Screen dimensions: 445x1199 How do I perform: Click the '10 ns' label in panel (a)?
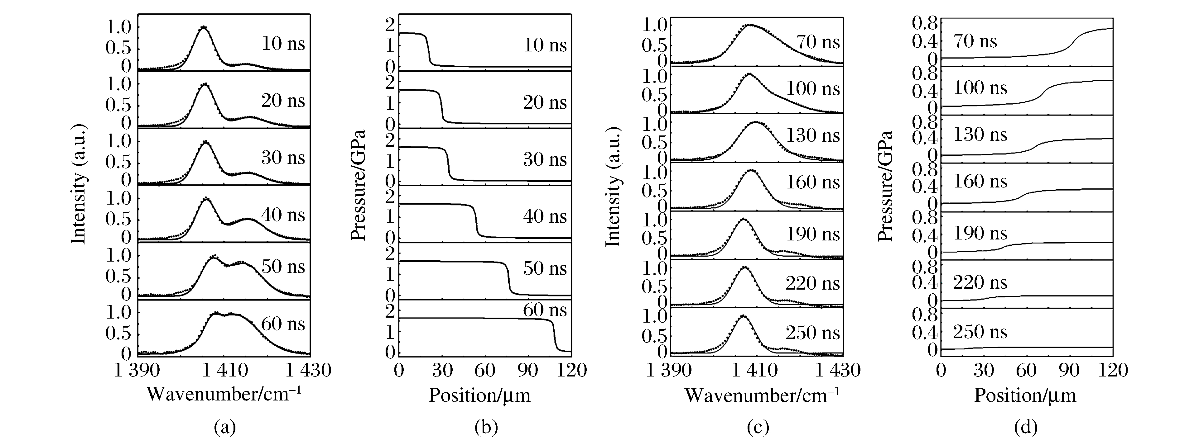[x=283, y=44]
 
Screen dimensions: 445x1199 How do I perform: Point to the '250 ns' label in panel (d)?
[x=980, y=332]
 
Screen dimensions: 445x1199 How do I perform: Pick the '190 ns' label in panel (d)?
[x=980, y=233]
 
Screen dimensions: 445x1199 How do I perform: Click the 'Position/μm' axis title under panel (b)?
[x=479, y=395]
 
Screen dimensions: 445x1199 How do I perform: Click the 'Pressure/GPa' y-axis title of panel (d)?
[x=885, y=186]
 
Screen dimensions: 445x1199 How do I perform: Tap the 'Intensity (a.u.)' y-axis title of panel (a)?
[x=79, y=184]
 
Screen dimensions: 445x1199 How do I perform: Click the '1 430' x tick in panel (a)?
[x=308, y=371]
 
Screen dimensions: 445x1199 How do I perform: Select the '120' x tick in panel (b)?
[x=571, y=371]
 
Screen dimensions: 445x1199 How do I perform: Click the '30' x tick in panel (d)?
[x=984, y=371]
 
